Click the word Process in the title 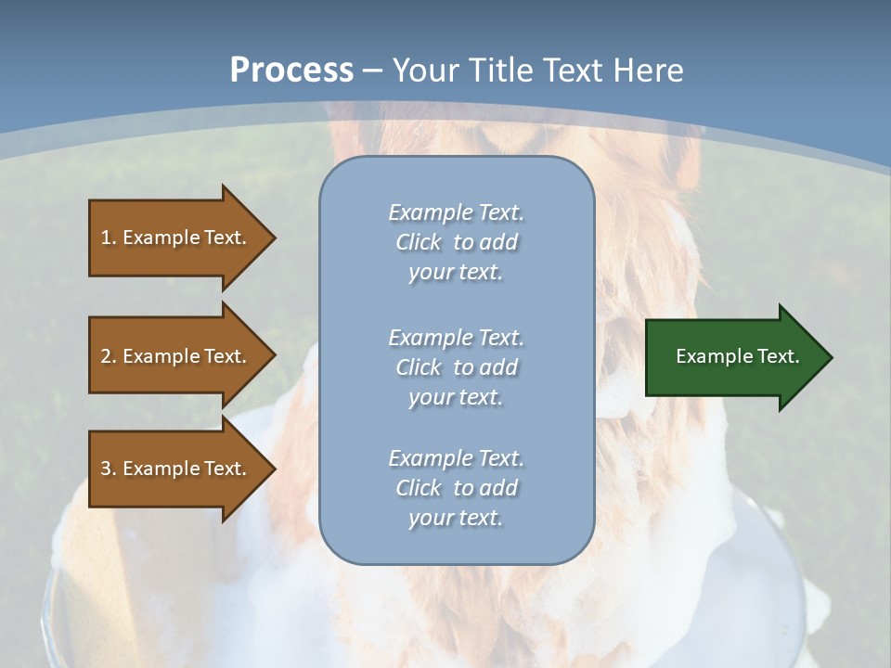click(291, 71)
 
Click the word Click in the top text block click(418, 242)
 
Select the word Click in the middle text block click(418, 367)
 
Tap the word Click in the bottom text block click(418, 488)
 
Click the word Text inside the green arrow click(778, 356)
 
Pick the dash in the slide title click(373, 71)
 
